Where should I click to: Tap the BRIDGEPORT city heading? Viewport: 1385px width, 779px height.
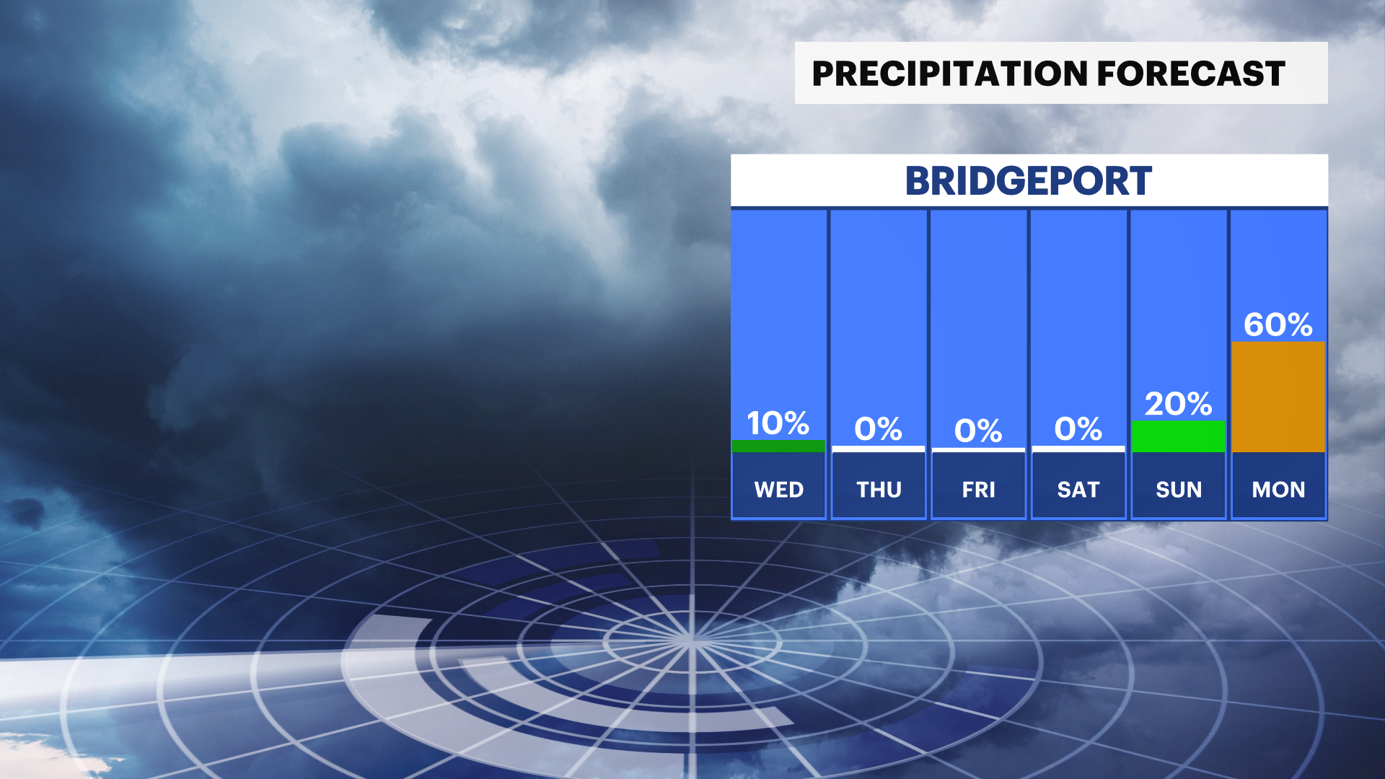1029,181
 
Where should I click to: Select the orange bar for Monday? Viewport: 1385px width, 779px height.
1278,397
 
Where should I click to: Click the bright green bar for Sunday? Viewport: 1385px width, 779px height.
1179,436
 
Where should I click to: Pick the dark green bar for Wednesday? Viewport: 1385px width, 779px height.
778,446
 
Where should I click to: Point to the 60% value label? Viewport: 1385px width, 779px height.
1278,325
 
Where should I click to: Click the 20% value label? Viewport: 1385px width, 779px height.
1179,404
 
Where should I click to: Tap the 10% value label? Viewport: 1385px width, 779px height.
778,423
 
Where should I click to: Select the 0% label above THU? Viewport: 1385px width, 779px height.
879,430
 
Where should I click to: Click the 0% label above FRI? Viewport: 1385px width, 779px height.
978,431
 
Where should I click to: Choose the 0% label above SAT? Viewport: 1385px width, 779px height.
1078,430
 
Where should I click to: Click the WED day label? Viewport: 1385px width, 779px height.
779,490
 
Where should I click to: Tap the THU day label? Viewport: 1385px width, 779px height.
879,490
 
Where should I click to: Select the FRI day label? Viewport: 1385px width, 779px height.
979,490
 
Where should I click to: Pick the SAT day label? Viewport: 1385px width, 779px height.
1078,490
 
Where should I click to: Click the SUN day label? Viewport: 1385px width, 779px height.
1179,490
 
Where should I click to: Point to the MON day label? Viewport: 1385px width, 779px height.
1279,490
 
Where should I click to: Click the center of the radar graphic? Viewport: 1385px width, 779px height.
691,640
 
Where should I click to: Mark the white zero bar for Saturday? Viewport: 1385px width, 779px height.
1078,449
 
